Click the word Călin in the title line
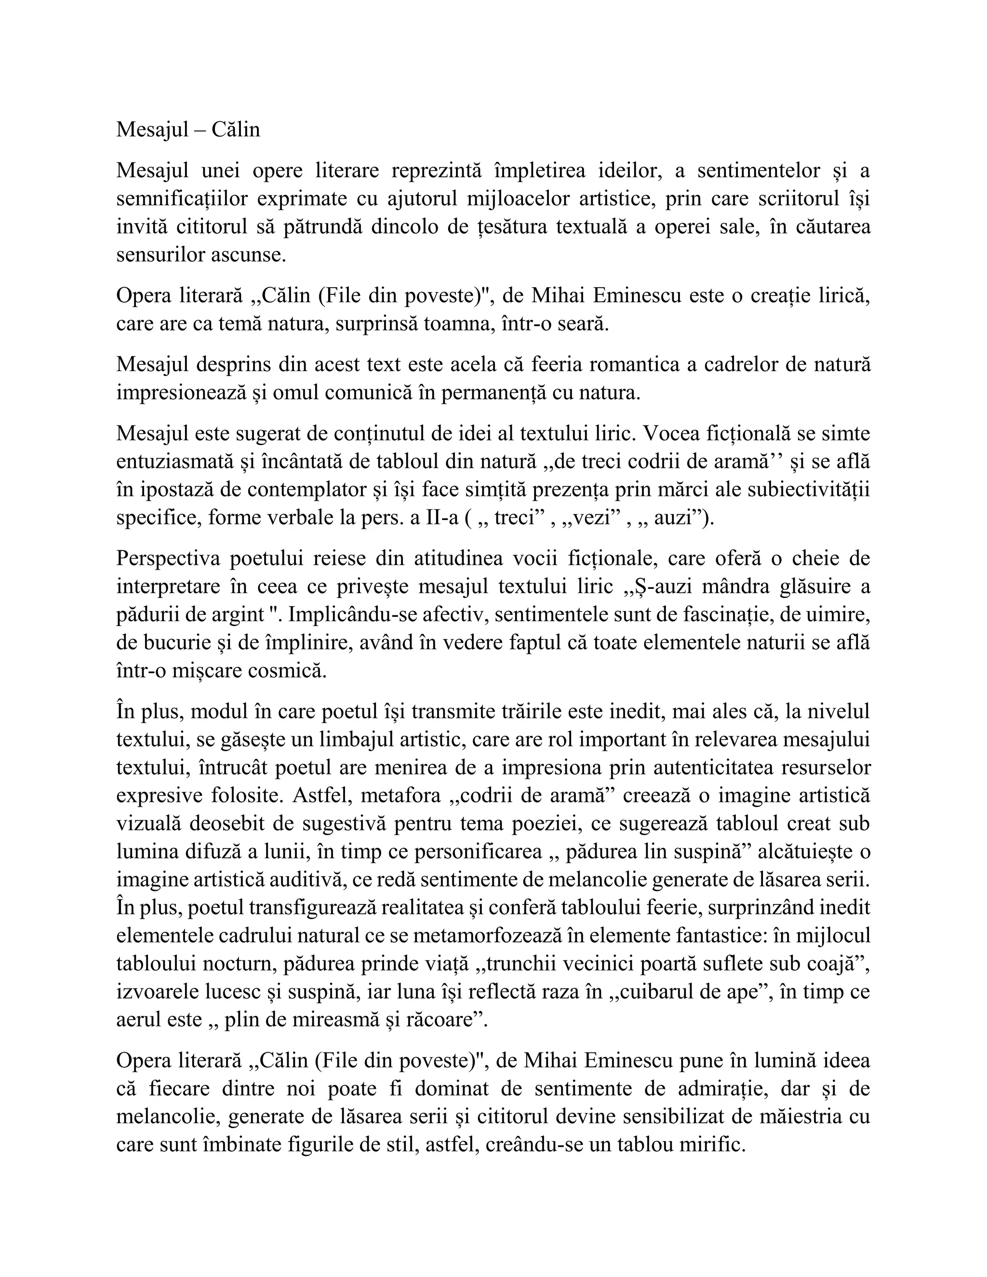point(236,129)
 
